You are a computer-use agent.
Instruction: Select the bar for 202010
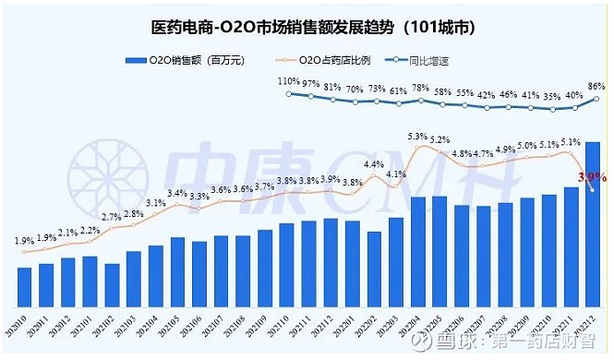[x=25, y=287]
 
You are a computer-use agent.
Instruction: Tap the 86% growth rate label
[x=596, y=86]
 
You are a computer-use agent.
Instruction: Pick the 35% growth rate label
[x=552, y=95]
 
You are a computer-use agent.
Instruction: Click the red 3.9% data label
[x=591, y=176]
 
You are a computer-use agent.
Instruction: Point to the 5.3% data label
[x=418, y=137]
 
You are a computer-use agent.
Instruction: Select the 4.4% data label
[x=374, y=165]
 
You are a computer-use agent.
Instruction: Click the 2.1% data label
[x=68, y=233]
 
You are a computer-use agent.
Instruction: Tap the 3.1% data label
[x=155, y=203]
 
